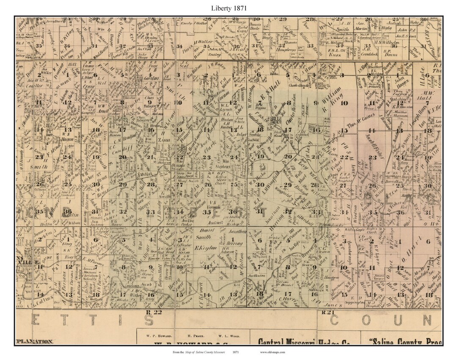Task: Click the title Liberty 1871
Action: coord(228,8)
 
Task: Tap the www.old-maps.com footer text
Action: coord(273,352)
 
